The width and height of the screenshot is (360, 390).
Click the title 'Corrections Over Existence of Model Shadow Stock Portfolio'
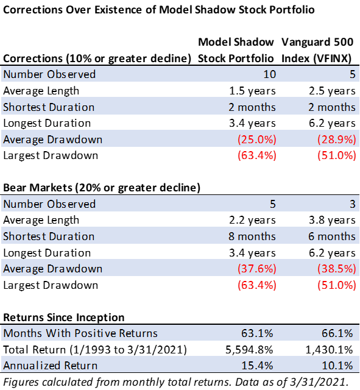158,10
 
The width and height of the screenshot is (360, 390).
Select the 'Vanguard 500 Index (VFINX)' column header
317,50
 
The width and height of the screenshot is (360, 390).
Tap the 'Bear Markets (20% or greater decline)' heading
102,188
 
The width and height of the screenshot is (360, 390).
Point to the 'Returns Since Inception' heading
63,317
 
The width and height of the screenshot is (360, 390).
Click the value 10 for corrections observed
270,74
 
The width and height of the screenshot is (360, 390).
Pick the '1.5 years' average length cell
252,91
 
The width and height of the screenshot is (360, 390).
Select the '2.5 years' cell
332,91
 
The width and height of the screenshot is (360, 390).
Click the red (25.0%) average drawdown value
257,140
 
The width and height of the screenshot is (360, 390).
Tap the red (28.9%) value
337,140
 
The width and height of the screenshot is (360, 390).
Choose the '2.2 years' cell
252,220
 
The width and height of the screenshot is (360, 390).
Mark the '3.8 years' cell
332,220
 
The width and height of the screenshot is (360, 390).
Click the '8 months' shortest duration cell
252,236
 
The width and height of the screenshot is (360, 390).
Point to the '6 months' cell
332,236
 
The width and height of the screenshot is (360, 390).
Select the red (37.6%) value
257,269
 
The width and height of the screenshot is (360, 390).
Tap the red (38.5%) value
337,269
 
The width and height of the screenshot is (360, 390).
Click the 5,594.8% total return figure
249,350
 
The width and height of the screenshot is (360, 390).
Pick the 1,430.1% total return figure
329,350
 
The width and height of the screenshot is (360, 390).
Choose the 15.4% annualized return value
257,366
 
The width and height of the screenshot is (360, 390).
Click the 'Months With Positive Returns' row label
80,333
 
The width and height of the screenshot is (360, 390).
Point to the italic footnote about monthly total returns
175,382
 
